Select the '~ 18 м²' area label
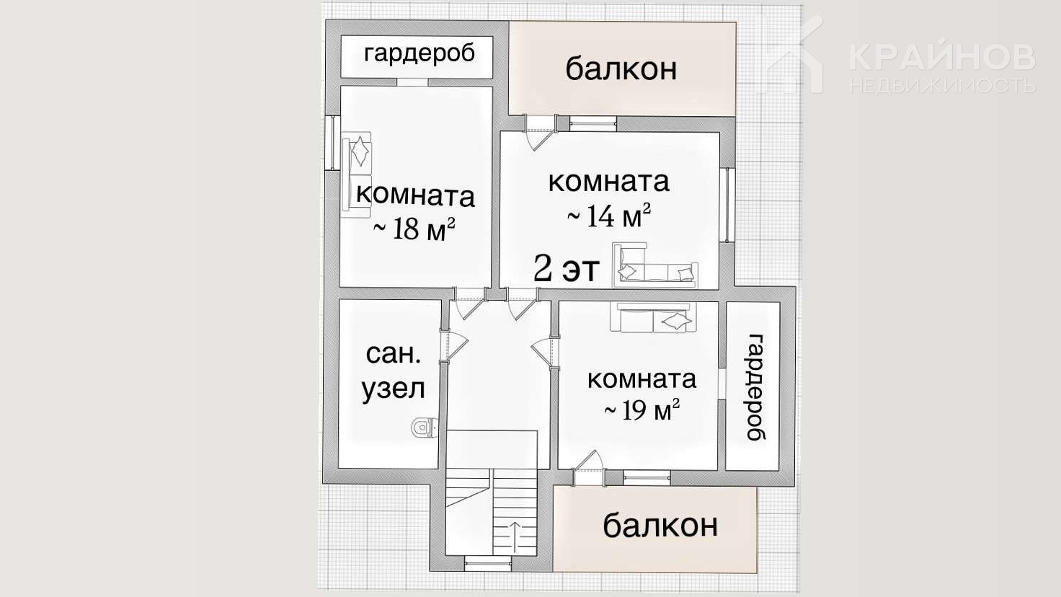tap(414, 229)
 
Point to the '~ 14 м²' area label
tap(608, 216)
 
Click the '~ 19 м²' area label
tap(642, 409)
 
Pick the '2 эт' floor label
tap(567, 269)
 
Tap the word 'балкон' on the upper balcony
tap(621, 68)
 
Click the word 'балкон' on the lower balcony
tap(660, 525)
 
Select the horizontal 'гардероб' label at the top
tap(419, 54)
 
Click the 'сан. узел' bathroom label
tap(393, 373)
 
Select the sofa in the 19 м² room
tap(653, 317)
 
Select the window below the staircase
tap(487, 563)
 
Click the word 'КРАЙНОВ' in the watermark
tap(942, 58)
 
